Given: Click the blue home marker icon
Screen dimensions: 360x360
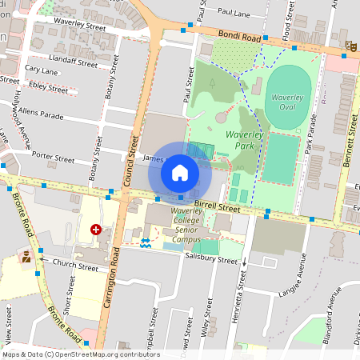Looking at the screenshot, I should tap(180, 172).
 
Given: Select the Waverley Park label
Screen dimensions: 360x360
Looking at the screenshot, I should tap(244, 140).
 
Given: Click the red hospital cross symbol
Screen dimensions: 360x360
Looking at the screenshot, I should tap(97, 230).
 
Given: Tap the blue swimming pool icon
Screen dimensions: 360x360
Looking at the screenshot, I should tap(146, 241).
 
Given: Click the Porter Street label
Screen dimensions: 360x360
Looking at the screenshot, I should tap(53, 157).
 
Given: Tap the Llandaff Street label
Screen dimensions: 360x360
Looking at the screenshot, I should tap(73, 61).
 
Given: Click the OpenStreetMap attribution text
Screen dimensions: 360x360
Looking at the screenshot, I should tap(80, 354).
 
